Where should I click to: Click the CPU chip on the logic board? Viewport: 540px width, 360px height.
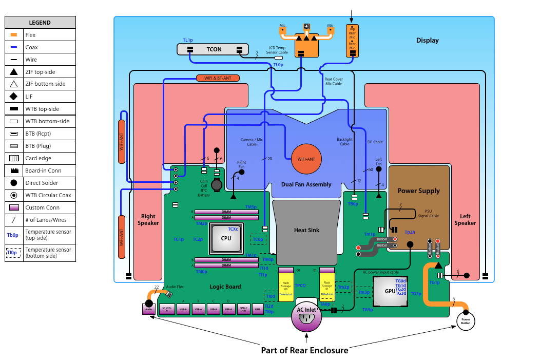226,238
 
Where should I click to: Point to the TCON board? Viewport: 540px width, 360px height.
214,49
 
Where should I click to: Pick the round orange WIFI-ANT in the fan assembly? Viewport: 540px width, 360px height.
306,159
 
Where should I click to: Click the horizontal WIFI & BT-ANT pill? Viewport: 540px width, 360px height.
218,78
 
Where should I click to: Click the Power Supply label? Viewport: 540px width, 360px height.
418,191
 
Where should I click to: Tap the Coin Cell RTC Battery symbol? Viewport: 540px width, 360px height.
218,184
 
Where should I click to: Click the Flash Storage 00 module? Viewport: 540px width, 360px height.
286,285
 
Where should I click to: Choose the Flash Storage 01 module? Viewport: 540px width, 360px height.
327,285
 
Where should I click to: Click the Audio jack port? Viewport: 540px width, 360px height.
149,309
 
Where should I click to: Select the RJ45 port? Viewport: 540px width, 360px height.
258,309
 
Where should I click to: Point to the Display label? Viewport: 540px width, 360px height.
428,41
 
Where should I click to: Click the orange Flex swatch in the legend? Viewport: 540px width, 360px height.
14,35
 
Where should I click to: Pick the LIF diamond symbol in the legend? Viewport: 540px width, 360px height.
14,97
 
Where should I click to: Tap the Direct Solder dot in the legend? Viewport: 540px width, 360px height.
14,183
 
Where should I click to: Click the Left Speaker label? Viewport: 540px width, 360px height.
465,219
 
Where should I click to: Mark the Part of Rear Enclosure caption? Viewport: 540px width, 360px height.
304,350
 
